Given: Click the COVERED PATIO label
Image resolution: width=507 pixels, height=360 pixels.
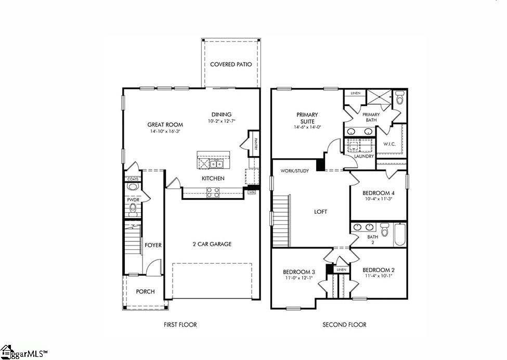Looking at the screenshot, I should pyautogui.click(x=231, y=65).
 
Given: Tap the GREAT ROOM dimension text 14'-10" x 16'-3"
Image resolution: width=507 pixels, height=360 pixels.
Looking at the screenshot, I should pyautogui.click(x=165, y=132).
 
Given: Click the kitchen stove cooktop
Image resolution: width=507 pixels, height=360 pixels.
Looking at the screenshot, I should pyautogui.click(x=213, y=192).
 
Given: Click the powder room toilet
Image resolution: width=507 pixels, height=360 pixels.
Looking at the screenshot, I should pyautogui.click(x=133, y=209).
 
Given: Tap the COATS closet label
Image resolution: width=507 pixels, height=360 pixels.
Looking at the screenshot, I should pyautogui.click(x=133, y=179).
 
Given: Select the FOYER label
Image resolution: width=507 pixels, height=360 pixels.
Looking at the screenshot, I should pyautogui.click(x=153, y=245).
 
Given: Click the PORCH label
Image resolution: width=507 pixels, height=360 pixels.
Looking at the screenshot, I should pyautogui.click(x=145, y=291).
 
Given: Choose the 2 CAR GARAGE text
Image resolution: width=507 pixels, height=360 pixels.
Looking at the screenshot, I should pyautogui.click(x=212, y=244).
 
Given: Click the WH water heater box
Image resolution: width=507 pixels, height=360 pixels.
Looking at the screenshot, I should pyautogui.click(x=252, y=192).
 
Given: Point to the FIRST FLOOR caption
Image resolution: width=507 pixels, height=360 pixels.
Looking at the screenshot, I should pyautogui.click(x=180, y=325).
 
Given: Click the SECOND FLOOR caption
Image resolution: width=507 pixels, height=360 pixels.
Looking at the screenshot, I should pyautogui.click(x=344, y=325).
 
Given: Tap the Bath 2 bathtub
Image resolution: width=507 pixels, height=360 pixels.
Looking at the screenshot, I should pyautogui.click(x=400, y=235).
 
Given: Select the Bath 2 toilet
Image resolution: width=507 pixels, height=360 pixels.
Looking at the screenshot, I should pyautogui.click(x=384, y=229).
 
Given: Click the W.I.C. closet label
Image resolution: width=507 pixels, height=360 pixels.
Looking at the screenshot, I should pyautogui.click(x=390, y=144).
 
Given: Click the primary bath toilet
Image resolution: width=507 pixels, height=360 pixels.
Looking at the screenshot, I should pyautogui.click(x=399, y=97).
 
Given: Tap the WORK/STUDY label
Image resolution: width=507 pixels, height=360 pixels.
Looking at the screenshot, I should pyautogui.click(x=294, y=171).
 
